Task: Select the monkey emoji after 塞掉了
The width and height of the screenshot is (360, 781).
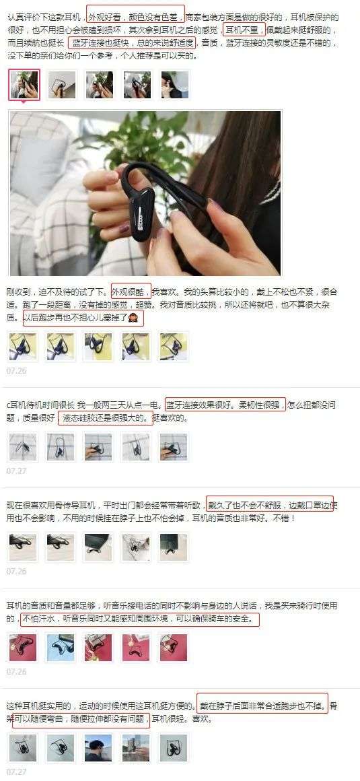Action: coord(135,317)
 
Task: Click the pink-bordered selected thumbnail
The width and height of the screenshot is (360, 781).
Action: coord(24,85)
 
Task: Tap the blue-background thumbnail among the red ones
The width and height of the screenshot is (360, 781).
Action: coord(61,647)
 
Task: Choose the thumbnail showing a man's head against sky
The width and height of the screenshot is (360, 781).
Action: coord(98,747)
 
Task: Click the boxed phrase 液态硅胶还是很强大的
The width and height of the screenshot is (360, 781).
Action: coord(106,418)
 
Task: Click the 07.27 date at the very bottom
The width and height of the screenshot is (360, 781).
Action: coord(16,772)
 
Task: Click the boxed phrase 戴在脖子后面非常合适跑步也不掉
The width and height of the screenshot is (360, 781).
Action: coord(261,706)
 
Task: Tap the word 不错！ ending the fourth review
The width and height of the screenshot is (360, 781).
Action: coord(285,518)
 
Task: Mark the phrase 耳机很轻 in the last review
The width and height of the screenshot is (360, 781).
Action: coord(170,719)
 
